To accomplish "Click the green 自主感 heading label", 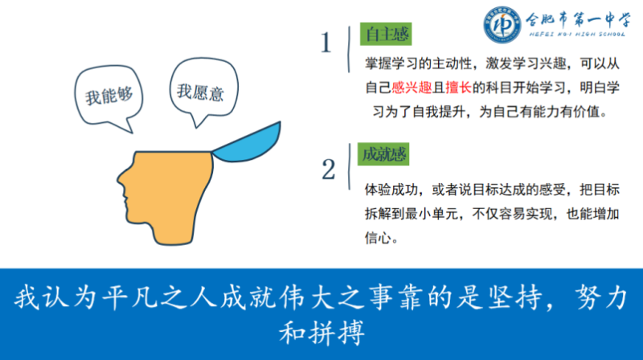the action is pyautogui.click(x=386, y=34).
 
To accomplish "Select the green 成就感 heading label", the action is pyautogui.click(x=383, y=154).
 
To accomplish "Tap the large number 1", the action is pyautogui.click(x=326, y=43).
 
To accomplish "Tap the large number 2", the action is pyautogui.click(x=329, y=170).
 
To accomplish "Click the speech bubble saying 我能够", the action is pyautogui.click(x=109, y=96).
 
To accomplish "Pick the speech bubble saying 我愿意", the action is pyautogui.click(x=204, y=90).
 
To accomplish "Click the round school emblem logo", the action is pyautogui.click(x=502, y=25).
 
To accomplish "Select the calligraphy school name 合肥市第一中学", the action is pyautogui.click(x=578, y=19).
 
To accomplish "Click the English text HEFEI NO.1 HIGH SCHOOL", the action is pyautogui.click(x=577, y=35).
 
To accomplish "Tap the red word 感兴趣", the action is pyautogui.click(x=412, y=88).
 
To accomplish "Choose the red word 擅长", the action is pyautogui.click(x=459, y=88).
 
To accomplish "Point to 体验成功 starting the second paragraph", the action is pyautogui.click(x=391, y=190).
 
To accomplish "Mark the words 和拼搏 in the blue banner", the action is pyautogui.click(x=322, y=332).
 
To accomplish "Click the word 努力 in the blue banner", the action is pyautogui.click(x=601, y=297).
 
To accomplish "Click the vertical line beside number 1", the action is pyautogui.click(x=349, y=50).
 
